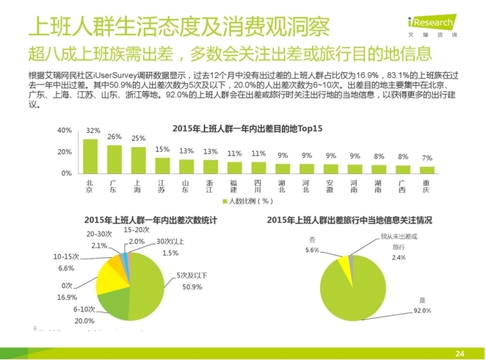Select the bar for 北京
pyautogui.click(x=90, y=155)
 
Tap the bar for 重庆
pyautogui.click(x=427, y=168)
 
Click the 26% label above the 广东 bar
pyautogui.click(x=114, y=137)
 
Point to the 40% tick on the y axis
pyautogui.click(x=64, y=130)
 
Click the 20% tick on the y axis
pyautogui.click(x=64, y=151)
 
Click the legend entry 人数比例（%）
pyautogui.click(x=247, y=200)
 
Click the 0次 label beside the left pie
pyautogui.click(x=68, y=286)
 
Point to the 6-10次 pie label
pyautogui.click(x=84, y=310)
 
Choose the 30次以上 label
pyautogui.click(x=170, y=242)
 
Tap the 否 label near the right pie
pyautogui.click(x=312, y=240)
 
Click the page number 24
pyautogui.click(x=461, y=353)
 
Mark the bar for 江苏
pyautogui.click(x=162, y=165)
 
